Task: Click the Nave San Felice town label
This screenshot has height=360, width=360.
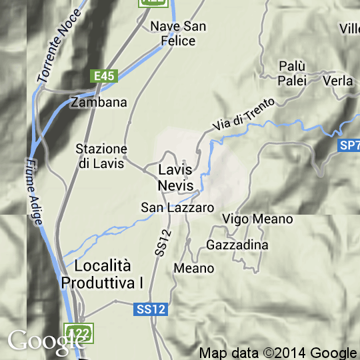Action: point(178,33)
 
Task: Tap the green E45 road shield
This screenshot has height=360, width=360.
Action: point(105,76)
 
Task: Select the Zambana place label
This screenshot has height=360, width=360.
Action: point(98,103)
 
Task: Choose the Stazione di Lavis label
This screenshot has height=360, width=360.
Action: point(101,156)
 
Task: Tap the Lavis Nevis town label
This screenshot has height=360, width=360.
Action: point(176,177)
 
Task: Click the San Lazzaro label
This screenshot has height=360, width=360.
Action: point(177,207)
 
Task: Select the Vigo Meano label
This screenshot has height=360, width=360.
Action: point(257,219)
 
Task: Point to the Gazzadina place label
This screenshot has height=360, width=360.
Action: point(237,245)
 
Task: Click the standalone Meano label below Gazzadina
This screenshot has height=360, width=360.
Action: point(193,268)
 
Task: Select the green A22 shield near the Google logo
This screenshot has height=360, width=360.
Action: point(79,331)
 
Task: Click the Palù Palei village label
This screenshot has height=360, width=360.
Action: point(291,73)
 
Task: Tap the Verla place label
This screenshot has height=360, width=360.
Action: point(337,81)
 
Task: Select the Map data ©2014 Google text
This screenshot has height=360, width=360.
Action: point(277,353)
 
